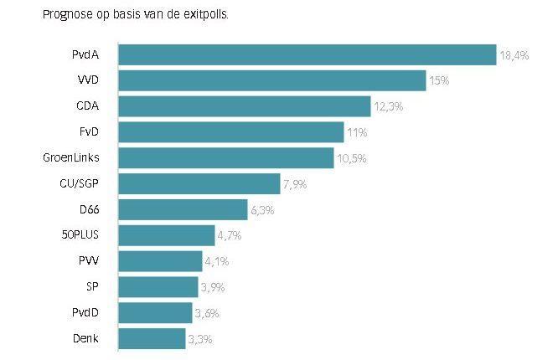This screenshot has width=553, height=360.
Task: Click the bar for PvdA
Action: pyautogui.click(x=307, y=54)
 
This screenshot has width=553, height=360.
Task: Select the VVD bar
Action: pyautogui.click(x=271, y=80)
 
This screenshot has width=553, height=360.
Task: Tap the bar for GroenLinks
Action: pyautogui.click(x=225, y=158)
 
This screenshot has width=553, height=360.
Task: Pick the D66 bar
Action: pyautogui.click(x=183, y=209)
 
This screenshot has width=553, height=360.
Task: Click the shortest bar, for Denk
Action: pyautogui.click(x=152, y=339)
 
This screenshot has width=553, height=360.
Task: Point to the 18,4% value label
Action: pyautogui.click(x=514, y=55)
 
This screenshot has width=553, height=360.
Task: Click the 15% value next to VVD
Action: pyautogui.click(x=440, y=81)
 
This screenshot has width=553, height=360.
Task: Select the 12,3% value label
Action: pyautogui.click(x=388, y=107)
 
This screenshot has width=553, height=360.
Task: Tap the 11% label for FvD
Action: pyautogui.click(x=356, y=132)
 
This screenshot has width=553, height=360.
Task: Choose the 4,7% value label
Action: pyautogui.click(x=230, y=236)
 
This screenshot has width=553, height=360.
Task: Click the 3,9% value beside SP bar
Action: pyautogui.click(x=213, y=288)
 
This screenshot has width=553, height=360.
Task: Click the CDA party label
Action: pyautogui.click(x=87, y=106)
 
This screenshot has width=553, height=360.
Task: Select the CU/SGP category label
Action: pyautogui.click(x=78, y=184)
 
